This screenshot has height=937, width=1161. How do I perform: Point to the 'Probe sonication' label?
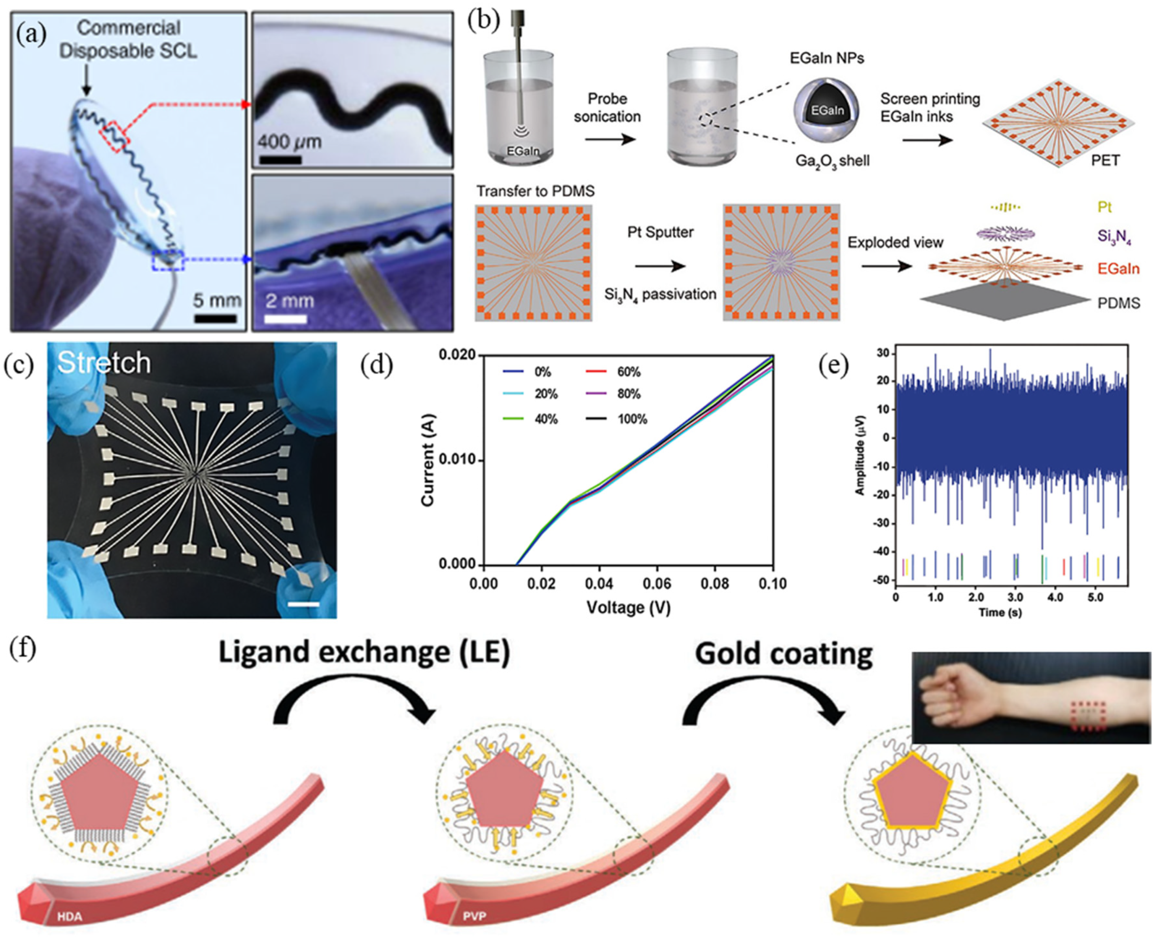pos(607,107)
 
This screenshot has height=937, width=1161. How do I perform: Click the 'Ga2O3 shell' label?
pos(832,161)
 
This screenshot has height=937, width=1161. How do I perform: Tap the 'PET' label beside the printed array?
pos(1105,160)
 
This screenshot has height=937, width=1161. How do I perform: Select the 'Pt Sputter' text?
pos(660,232)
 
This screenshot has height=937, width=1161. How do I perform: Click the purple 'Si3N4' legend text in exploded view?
pos(1114,237)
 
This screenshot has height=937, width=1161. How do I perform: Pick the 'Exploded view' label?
pos(895,242)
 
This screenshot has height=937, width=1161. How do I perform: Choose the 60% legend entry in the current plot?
pos(628,372)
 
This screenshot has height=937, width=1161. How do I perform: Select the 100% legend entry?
pos(631,419)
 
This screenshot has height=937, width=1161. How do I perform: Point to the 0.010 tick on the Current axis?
pos(458,460)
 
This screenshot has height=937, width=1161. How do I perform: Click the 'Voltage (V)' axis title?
pos(628,608)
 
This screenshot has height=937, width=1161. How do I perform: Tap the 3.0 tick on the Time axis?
pos(1015,598)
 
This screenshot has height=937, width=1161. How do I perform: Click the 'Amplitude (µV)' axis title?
pos(860,455)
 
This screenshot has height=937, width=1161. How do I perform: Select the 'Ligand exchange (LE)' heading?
pos(364,652)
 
